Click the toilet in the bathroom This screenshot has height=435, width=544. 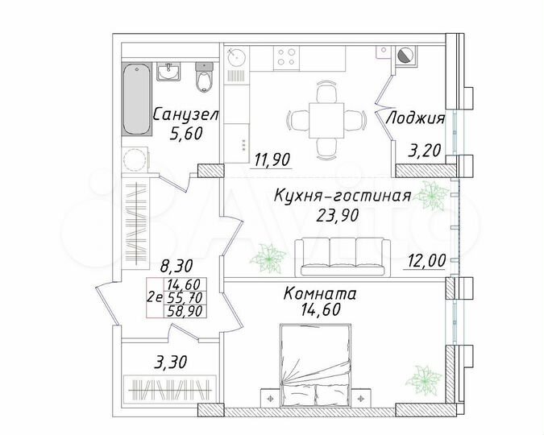[x=205, y=79]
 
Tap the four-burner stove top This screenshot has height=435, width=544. [x=288, y=56]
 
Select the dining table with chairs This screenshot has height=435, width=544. [x=327, y=118]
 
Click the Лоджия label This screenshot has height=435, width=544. [x=415, y=118]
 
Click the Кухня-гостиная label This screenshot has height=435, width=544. [x=343, y=196]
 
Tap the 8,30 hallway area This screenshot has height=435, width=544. [x=176, y=263]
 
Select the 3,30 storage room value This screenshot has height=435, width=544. [x=170, y=362]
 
